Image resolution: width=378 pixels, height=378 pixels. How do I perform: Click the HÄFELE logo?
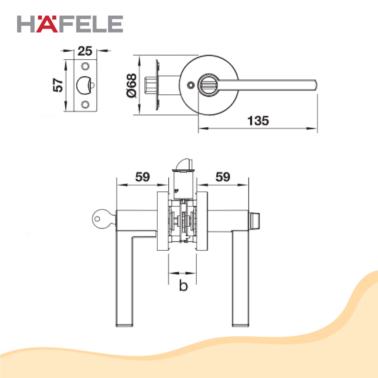70,24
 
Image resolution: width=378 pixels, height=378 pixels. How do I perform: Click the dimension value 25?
85,51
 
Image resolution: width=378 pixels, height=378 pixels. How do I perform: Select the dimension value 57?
58,85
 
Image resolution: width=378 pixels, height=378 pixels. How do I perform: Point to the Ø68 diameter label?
132,86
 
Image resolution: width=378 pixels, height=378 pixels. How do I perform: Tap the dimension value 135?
258,121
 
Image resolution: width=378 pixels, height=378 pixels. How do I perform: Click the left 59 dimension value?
142,177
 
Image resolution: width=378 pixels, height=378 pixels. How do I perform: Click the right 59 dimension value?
223,177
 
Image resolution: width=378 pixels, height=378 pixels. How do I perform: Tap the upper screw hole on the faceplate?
85,66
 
